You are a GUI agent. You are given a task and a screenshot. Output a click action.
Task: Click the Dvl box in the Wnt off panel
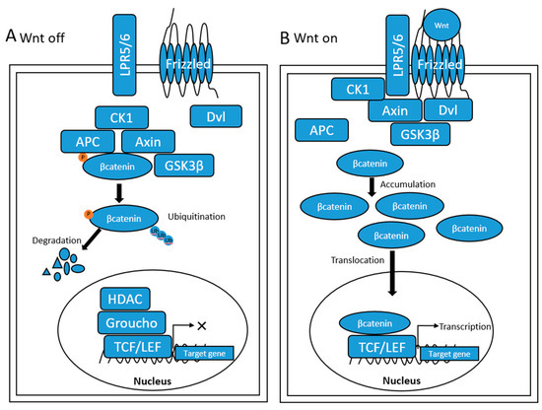[214, 116]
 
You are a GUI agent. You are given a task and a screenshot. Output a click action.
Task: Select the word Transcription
[462, 327]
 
